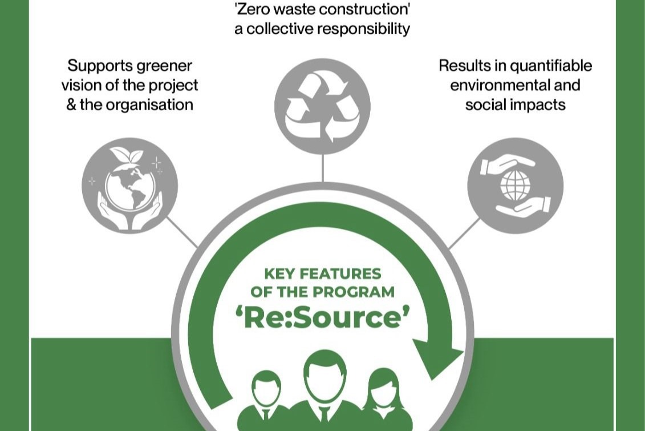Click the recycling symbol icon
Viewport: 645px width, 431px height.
coord(323,106)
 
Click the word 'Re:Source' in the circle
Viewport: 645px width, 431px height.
coord(323,317)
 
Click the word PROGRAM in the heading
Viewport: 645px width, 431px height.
coord(354,292)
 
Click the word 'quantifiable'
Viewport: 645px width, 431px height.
coord(551,66)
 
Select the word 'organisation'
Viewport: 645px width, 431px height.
coord(149,105)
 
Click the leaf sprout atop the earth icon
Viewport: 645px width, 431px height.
coord(127,156)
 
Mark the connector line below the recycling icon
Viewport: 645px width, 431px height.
coord(323,168)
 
